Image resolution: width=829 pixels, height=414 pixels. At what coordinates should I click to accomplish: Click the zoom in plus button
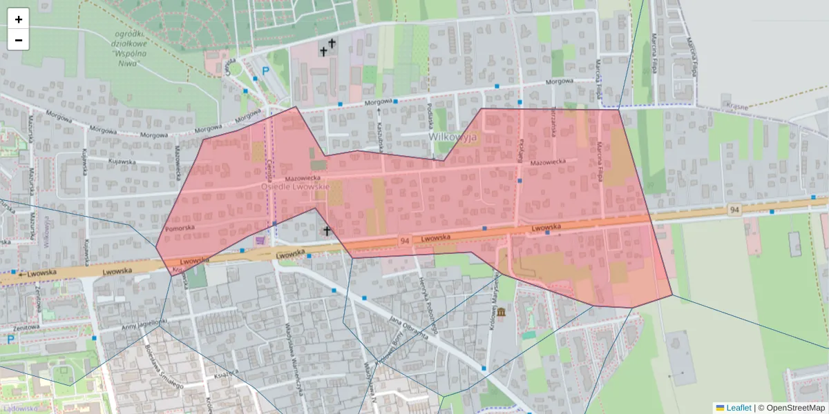click(19, 19)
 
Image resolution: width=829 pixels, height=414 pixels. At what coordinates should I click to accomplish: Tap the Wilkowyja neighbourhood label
click(452, 137)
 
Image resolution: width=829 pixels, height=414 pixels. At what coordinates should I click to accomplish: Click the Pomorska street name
click(180, 226)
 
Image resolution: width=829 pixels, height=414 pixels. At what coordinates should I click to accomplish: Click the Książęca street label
click(226, 373)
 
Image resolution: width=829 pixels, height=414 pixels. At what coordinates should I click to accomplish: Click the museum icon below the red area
click(501, 313)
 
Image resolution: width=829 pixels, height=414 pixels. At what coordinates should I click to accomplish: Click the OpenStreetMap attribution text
click(791, 408)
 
